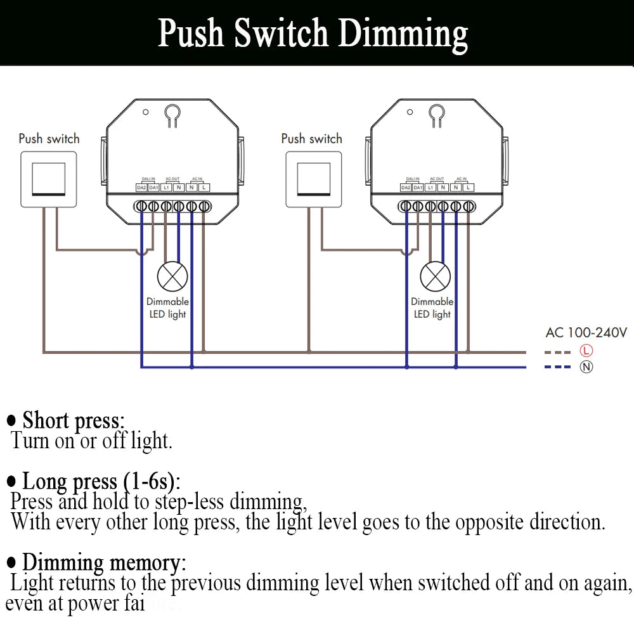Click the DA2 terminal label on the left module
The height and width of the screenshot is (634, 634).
point(141,188)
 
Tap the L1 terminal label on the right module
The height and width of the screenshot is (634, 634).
point(430,188)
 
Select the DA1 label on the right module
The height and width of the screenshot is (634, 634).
point(418,188)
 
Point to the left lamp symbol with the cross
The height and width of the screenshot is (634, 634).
point(172,276)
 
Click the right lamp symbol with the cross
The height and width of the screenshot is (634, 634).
point(436,276)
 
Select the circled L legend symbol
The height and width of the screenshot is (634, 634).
point(586,351)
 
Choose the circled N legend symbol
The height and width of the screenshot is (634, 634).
point(586,366)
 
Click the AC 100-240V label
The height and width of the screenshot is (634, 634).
point(586,332)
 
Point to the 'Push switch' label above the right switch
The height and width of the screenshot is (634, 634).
point(311,138)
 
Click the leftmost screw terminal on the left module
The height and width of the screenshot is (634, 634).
point(141,206)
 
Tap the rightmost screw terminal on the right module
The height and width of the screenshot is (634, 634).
point(469,206)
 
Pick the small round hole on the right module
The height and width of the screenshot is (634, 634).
point(410,112)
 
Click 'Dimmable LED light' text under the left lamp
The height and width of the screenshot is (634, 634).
point(167,308)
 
